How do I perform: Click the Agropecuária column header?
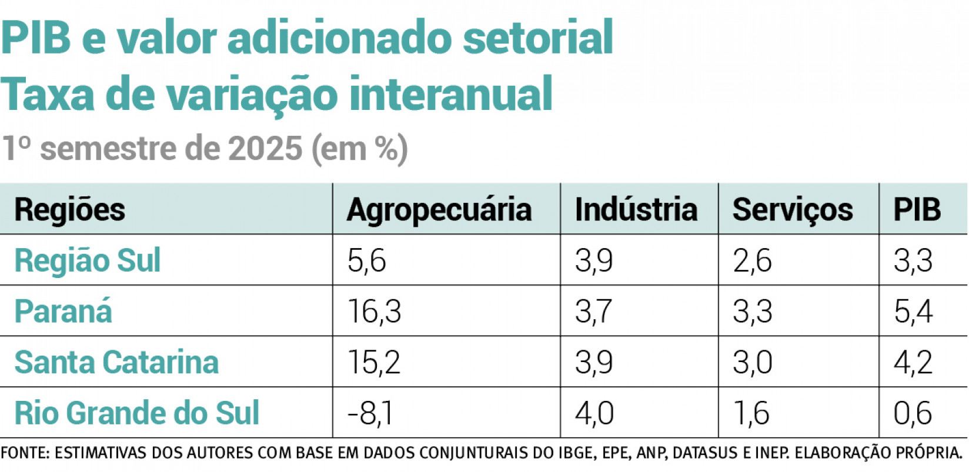tap(439, 210)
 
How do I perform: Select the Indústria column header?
tap(636, 210)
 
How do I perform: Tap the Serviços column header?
tap(792, 210)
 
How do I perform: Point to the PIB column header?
tap(917, 210)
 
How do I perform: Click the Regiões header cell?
tap(69, 210)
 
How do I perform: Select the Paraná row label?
tap(63, 312)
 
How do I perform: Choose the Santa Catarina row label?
tap(116, 362)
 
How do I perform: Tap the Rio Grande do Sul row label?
tap(136, 413)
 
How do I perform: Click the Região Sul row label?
tap(87, 260)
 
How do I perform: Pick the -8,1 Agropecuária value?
tap(370, 413)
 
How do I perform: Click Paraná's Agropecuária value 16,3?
tap(374, 312)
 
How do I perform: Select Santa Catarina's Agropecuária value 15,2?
tap(374, 362)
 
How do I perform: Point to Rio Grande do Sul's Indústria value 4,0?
tap(594, 413)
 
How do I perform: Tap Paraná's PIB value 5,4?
tap(913, 312)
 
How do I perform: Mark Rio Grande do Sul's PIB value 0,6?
tap(913, 413)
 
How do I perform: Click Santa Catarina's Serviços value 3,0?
tap(752, 362)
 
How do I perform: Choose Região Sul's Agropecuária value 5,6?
tap(366, 260)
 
